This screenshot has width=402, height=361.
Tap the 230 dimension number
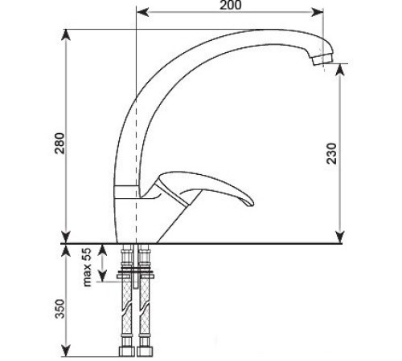pyautogui.click(x=355, y=152)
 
